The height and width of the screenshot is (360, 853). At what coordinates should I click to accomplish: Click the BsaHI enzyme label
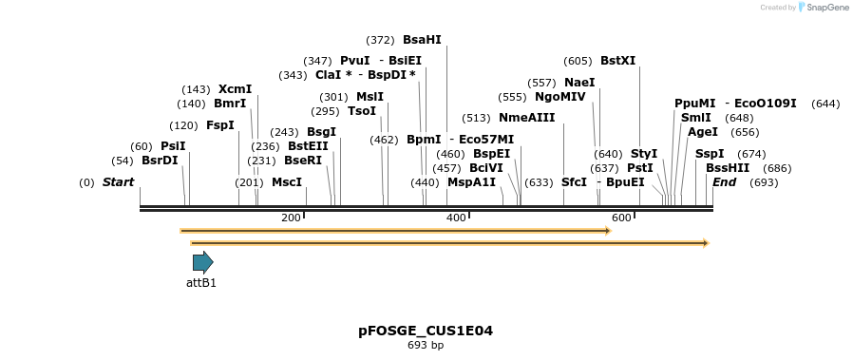tap(422, 40)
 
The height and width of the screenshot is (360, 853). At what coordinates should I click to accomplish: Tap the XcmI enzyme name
tap(235, 89)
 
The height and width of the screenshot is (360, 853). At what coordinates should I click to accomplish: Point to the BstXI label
tap(617, 61)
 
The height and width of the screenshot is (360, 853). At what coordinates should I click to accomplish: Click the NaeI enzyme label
tap(579, 83)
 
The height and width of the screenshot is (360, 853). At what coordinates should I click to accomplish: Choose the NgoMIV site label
tap(560, 97)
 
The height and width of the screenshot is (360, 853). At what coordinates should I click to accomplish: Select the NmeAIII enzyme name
tap(526, 118)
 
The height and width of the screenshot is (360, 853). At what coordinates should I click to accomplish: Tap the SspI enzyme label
tap(710, 154)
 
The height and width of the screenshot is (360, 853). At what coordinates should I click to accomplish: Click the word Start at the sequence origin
tap(118, 182)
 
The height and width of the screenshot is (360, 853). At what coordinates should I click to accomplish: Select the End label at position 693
tap(724, 182)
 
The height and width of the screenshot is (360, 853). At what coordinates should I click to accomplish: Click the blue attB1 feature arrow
tap(202, 262)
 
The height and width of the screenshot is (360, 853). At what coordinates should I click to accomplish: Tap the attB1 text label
tap(201, 283)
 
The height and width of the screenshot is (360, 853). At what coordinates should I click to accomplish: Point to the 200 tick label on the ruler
tap(291, 218)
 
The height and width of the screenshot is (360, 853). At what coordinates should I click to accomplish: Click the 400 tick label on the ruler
tap(456, 218)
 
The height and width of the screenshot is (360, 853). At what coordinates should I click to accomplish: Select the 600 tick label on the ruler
tap(622, 218)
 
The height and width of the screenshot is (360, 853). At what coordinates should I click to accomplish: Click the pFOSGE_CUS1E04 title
tap(426, 331)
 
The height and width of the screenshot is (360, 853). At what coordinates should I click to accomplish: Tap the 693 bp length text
tap(426, 345)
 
